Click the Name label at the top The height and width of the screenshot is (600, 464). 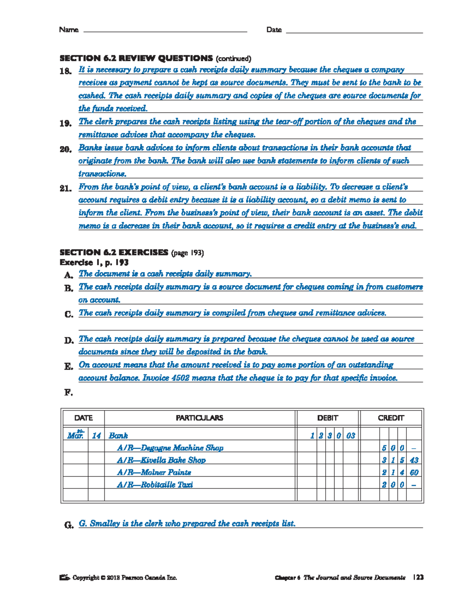click(68, 30)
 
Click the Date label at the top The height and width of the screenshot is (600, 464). click(274, 30)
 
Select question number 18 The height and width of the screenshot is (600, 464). click(65, 71)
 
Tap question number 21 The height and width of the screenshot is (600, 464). click(65, 189)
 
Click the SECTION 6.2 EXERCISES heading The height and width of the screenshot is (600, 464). click(114, 253)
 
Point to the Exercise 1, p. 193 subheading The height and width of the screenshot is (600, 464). click(94, 263)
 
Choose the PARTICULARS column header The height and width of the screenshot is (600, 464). click(199, 418)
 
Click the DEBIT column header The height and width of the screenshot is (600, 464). click(327, 418)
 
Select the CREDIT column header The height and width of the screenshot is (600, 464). click(391, 418)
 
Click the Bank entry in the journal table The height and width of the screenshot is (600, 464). click(118, 436)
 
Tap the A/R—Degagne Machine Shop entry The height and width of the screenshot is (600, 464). click(170, 448)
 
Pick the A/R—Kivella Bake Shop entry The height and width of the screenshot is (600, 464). click(161, 460)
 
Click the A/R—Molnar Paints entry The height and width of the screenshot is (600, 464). click(154, 473)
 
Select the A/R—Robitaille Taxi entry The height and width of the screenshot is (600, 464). click(155, 485)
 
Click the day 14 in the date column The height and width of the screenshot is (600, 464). click(96, 436)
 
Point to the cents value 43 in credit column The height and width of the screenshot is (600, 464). click(414, 460)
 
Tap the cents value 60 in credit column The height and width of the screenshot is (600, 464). click(414, 473)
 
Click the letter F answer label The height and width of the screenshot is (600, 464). click(68, 393)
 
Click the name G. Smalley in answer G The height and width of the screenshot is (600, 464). click(99, 524)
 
